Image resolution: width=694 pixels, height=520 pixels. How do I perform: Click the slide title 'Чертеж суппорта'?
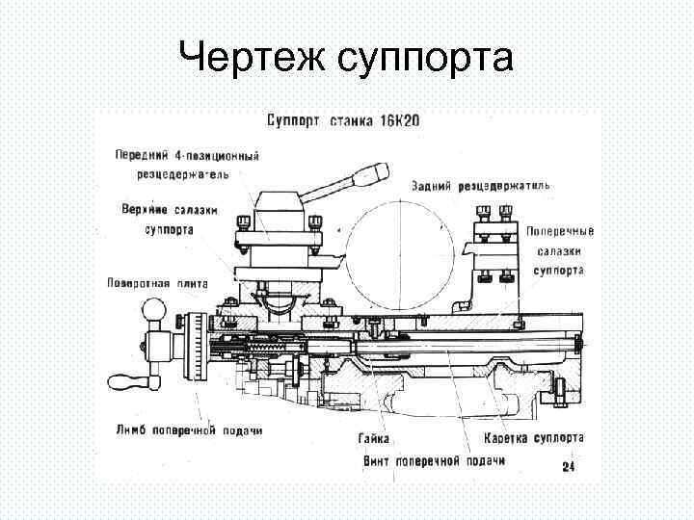pos(346,60)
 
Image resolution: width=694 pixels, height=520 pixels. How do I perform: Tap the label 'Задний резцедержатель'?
pos(480,184)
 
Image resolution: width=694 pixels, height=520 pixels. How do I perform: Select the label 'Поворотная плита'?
pos(153,283)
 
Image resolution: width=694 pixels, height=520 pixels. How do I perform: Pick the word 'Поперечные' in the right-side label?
pos(560,232)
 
